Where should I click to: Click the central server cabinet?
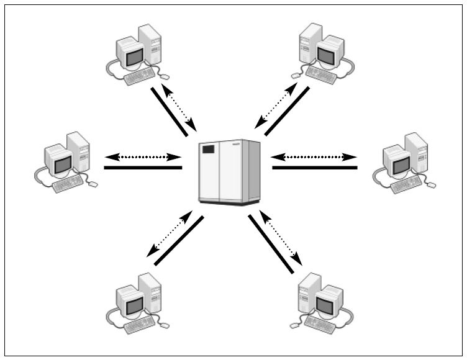coord(229,172)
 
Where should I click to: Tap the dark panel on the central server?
coord(208,150)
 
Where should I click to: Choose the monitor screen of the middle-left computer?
coord(63,164)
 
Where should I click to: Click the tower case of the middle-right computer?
coord(415,151)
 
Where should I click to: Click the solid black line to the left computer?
coord(143,168)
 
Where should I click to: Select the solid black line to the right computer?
coord(314,168)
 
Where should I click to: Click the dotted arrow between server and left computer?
coord(143,157)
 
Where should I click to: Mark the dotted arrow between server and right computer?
coord(314,157)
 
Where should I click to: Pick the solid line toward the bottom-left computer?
coord(179,241)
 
